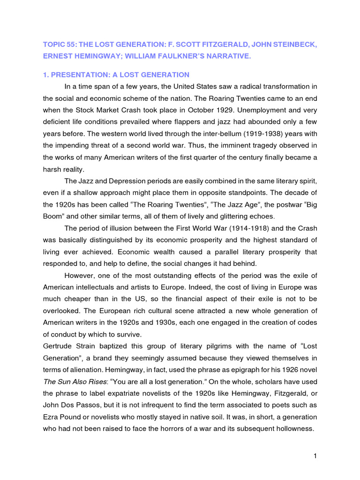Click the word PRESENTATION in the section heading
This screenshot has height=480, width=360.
(x=77, y=75)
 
